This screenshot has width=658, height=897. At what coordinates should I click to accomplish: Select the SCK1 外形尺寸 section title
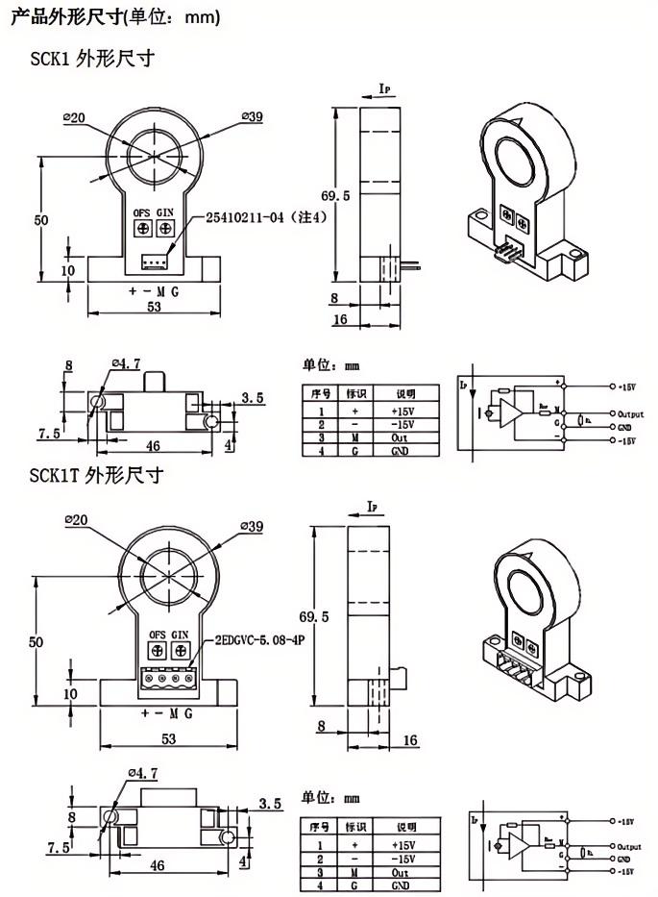click(92, 59)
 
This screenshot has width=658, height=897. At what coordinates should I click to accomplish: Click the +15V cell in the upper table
click(402, 410)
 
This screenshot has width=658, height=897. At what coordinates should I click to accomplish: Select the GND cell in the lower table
click(401, 884)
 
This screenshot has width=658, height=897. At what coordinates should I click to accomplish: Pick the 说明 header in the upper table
click(402, 394)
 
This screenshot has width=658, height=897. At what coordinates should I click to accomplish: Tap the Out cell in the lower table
click(401, 871)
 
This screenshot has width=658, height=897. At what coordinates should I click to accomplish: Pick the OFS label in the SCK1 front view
click(140, 211)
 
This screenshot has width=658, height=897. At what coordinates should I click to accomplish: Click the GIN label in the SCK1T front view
click(180, 635)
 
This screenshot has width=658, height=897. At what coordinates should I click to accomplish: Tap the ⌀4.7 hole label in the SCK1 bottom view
click(127, 363)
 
